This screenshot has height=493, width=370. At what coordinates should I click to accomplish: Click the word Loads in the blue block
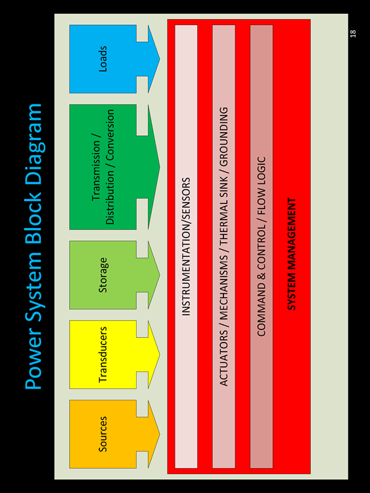(x=103, y=59)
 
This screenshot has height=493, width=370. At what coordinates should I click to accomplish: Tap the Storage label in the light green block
(x=103, y=275)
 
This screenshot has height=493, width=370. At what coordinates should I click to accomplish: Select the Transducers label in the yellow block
(x=103, y=355)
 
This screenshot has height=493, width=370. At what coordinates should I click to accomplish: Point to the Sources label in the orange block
(x=103, y=434)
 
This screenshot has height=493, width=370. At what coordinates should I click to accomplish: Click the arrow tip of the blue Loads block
(x=160, y=59)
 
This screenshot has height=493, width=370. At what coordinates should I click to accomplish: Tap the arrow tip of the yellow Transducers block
(x=160, y=355)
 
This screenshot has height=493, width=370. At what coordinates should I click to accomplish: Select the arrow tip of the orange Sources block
(x=160, y=434)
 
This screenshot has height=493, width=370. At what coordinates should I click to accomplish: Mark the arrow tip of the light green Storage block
(x=160, y=275)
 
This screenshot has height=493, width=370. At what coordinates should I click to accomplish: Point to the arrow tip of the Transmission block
(x=160, y=167)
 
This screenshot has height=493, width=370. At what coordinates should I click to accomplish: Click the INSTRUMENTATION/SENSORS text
(x=186, y=246)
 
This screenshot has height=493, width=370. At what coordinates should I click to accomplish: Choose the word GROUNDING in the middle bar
(x=223, y=137)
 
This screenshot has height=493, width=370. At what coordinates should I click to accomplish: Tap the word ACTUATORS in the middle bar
(x=223, y=358)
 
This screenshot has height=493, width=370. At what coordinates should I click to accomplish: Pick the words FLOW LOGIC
(x=261, y=186)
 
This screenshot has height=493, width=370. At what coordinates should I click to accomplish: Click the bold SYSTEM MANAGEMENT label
(x=292, y=254)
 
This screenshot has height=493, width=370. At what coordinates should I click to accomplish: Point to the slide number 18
(x=353, y=34)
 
